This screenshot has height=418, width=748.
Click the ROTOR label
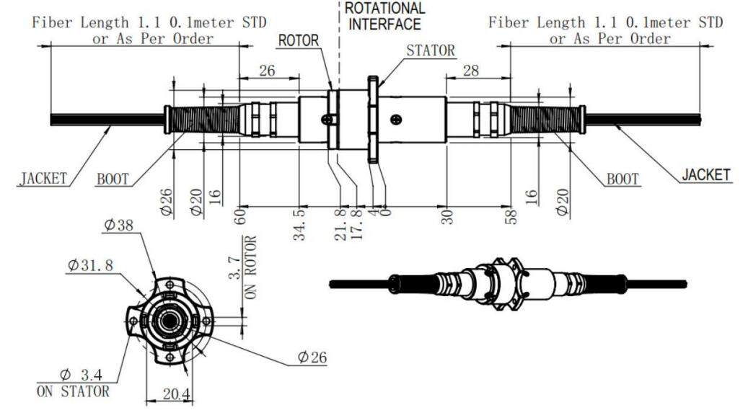pos(299,40)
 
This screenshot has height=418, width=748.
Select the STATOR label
pos(431,50)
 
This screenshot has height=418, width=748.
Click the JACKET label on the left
pos(43,177)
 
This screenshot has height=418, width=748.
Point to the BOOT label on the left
pos(113,179)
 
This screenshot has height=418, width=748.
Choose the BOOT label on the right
pos(622,178)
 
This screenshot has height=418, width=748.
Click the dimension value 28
pos(471,70)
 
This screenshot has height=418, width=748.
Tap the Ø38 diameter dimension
pos(118,225)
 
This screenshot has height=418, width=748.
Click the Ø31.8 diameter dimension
pos(91,264)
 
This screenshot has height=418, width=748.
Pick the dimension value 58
pos(511,214)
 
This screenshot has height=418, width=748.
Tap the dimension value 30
pos(446,215)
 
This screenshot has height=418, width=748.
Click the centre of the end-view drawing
pos(170,318)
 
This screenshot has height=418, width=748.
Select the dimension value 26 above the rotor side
pos(267,70)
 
